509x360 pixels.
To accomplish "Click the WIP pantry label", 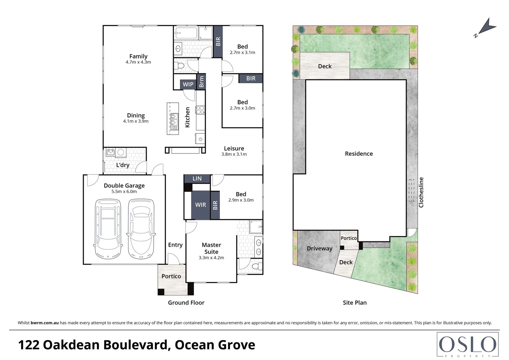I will click(188, 84).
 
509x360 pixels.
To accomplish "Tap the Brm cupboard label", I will click(201, 82).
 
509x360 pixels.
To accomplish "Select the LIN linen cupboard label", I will click(197, 179).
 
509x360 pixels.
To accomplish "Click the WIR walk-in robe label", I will click(200, 205).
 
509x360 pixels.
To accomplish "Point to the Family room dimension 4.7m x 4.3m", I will click(138, 62).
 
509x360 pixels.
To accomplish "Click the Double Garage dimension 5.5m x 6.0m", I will click(124, 192).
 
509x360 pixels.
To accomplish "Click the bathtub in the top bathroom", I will click(186, 33).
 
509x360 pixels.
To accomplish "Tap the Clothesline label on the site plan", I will click(421, 192).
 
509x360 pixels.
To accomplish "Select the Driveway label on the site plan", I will click(319, 249).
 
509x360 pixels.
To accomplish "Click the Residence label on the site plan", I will click(359, 154).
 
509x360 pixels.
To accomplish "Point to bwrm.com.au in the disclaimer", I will click(45, 323).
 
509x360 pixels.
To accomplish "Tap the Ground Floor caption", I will click(186, 303).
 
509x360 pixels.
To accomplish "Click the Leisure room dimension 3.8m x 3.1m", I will click(234, 154).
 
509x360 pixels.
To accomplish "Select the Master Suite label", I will click(211, 248).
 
